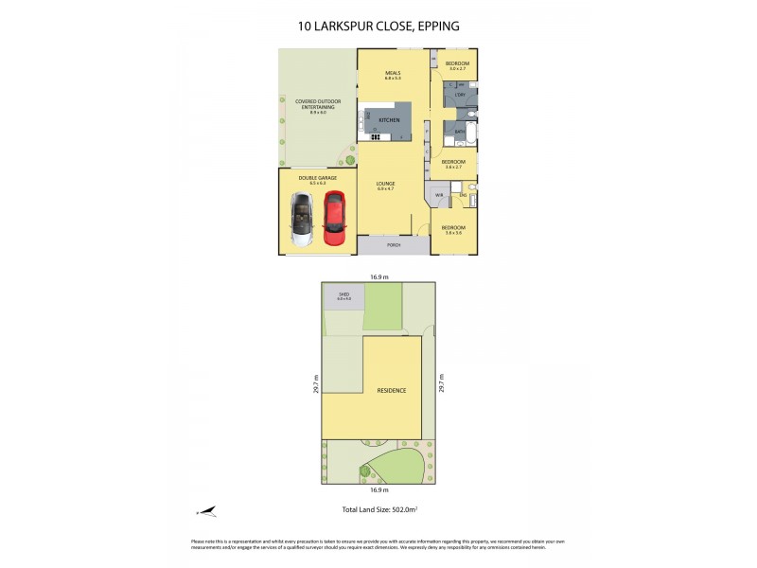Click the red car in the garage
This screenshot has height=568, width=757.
click(x=333, y=219)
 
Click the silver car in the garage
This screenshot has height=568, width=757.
click(x=300, y=219)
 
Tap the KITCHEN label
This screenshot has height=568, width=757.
click(x=389, y=121)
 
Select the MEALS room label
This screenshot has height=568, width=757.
click(x=393, y=74)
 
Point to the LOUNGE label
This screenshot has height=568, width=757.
click(x=385, y=184)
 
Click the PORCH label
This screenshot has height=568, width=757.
click(x=393, y=245)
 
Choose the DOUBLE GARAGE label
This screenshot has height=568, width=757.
click(x=313, y=177)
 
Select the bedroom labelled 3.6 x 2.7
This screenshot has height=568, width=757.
click(x=452, y=164)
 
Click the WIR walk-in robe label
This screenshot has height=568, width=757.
click(x=439, y=195)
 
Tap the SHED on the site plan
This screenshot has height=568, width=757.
click(x=344, y=296)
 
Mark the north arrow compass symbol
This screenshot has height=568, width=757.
click(x=206, y=511)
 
